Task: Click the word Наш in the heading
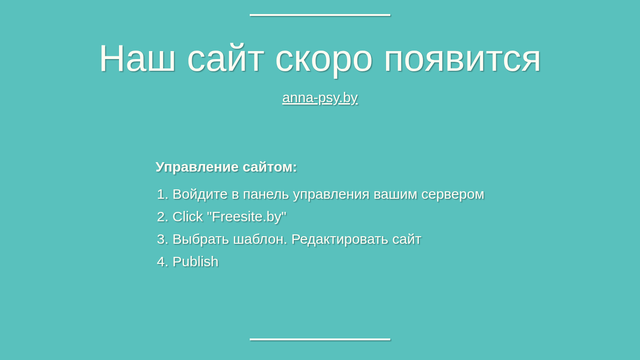pyautogui.click(x=137, y=58)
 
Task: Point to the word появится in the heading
pyautogui.click(x=462, y=60)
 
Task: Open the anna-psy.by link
pyautogui.click(x=320, y=98)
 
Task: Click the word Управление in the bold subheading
pyautogui.click(x=197, y=167)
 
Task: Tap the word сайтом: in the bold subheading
pyautogui.click(x=270, y=167)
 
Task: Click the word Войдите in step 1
pyautogui.click(x=200, y=195)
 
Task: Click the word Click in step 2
pyautogui.click(x=188, y=217)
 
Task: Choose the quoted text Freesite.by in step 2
pyautogui.click(x=246, y=217)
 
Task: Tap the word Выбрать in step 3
pyautogui.click(x=201, y=240)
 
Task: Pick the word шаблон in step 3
pyautogui.click(x=260, y=240)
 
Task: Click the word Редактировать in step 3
pyautogui.click(x=340, y=240)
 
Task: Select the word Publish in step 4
pyautogui.click(x=195, y=262)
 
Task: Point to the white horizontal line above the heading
pyautogui.click(x=320, y=15)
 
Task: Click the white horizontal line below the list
pyautogui.click(x=320, y=339)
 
